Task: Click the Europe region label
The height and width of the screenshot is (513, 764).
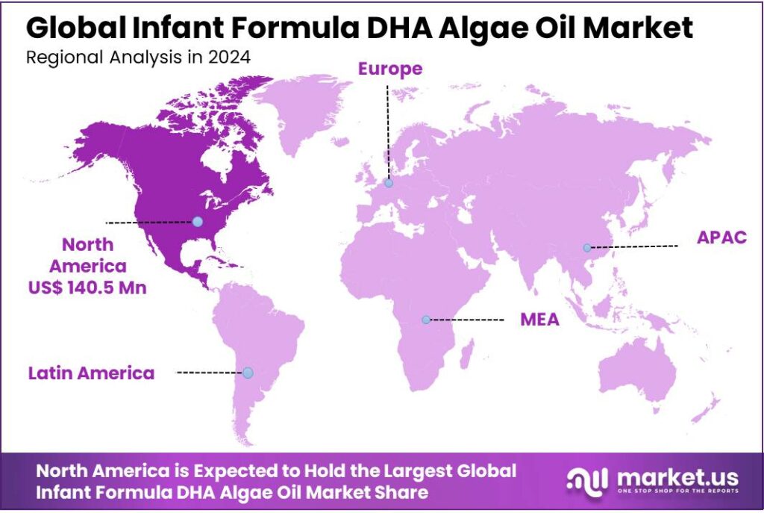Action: (389, 69)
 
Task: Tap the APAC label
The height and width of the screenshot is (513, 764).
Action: (721, 237)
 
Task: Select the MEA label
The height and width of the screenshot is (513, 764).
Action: (539, 320)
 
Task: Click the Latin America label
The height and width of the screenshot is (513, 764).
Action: (92, 373)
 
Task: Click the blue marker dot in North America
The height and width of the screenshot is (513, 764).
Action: (197, 221)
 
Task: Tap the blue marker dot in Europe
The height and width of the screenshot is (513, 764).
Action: (388, 183)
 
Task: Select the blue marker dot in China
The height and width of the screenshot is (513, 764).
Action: (587, 247)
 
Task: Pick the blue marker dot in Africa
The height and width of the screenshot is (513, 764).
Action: (425, 320)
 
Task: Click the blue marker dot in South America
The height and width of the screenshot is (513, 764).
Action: (248, 372)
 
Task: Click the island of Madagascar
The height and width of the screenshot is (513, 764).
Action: (465, 357)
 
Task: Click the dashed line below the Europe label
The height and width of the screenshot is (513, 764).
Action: (387, 127)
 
